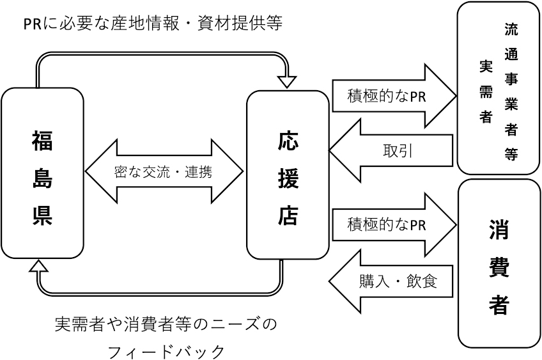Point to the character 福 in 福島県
tap(42, 139)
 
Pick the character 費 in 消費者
tap(500, 267)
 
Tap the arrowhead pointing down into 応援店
tap(288, 81)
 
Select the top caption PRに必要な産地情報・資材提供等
tap(153, 24)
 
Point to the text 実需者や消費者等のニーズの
tap(166, 324)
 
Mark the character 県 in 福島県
tap(42, 215)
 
